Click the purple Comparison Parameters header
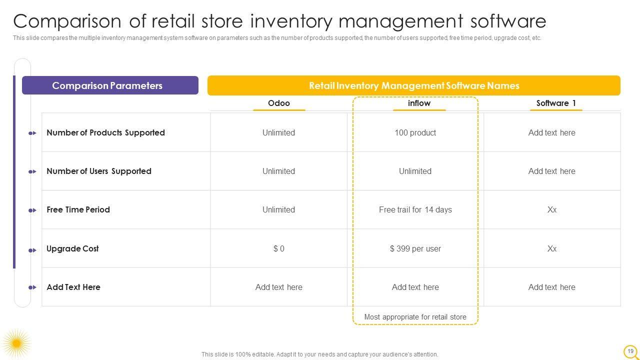click(x=110, y=85)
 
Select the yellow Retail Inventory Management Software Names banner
click(x=414, y=85)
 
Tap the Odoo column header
click(x=279, y=103)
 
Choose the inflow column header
click(x=419, y=103)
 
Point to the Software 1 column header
click(x=556, y=103)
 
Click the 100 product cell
click(x=415, y=132)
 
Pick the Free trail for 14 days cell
click(x=415, y=209)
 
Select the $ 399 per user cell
click(x=415, y=248)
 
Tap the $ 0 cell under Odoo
click(x=279, y=248)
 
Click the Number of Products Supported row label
click(x=105, y=132)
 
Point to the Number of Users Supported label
click(x=99, y=171)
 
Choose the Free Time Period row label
click(x=78, y=209)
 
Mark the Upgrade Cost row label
click(x=72, y=248)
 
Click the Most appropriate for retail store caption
click(x=415, y=317)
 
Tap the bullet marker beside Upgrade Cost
click(x=32, y=250)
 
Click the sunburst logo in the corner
click(x=16, y=343)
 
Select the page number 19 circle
click(x=630, y=351)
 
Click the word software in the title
click(x=508, y=21)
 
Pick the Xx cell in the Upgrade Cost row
click(x=551, y=248)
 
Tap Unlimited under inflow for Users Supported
click(x=415, y=171)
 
